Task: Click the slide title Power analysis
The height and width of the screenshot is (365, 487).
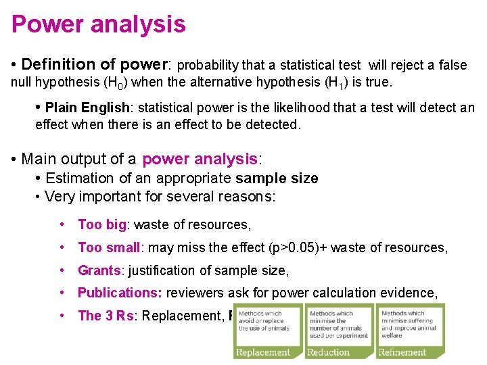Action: tap(99, 24)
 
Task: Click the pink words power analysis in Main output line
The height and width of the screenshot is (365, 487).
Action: tap(200, 160)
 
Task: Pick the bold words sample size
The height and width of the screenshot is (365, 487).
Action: tap(277, 178)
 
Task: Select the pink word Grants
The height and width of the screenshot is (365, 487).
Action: tap(99, 270)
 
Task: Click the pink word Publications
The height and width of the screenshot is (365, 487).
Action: tap(120, 293)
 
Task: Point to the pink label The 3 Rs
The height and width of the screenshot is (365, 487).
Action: tap(105, 316)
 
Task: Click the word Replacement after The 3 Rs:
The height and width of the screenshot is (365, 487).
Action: tap(183, 316)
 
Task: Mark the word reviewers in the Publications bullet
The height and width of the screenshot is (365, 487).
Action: tap(194, 293)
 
